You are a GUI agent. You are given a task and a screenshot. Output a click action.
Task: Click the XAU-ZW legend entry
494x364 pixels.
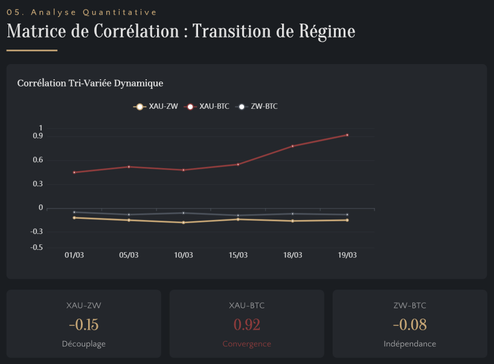(156, 107)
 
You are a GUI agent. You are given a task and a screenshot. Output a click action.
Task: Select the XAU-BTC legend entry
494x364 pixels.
(207, 107)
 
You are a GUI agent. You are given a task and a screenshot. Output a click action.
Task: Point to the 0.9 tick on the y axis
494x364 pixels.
(38, 136)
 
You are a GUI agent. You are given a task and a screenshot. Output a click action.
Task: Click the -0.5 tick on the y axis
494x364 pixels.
(36, 247)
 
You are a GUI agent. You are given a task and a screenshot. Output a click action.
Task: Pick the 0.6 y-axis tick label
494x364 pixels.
(38, 160)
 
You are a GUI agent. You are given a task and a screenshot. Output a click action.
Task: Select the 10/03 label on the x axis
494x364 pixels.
(184, 255)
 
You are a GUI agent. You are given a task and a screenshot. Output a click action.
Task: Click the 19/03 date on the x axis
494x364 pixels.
(347, 255)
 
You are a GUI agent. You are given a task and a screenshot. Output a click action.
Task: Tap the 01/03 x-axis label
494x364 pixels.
(74, 255)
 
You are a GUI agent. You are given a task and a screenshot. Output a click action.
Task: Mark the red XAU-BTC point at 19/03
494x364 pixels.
(347, 135)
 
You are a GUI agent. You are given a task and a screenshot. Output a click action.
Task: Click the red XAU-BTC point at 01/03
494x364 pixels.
(74, 172)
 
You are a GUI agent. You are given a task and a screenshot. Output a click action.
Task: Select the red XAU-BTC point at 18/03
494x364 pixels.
(292, 146)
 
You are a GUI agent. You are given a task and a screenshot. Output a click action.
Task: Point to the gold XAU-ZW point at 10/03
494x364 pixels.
(184, 223)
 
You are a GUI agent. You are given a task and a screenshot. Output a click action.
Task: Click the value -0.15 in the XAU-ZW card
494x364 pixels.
(83, 325)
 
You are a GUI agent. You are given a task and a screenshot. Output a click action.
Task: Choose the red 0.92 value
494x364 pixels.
(246, 325)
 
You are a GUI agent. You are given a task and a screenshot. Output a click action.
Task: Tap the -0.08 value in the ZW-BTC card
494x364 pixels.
(409, 325)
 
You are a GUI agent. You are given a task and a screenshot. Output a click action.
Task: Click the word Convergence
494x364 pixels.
(246, 344)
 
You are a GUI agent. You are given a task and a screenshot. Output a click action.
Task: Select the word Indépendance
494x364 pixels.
(409, 344)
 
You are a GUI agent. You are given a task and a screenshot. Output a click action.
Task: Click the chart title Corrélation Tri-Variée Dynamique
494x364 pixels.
(90, 83)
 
